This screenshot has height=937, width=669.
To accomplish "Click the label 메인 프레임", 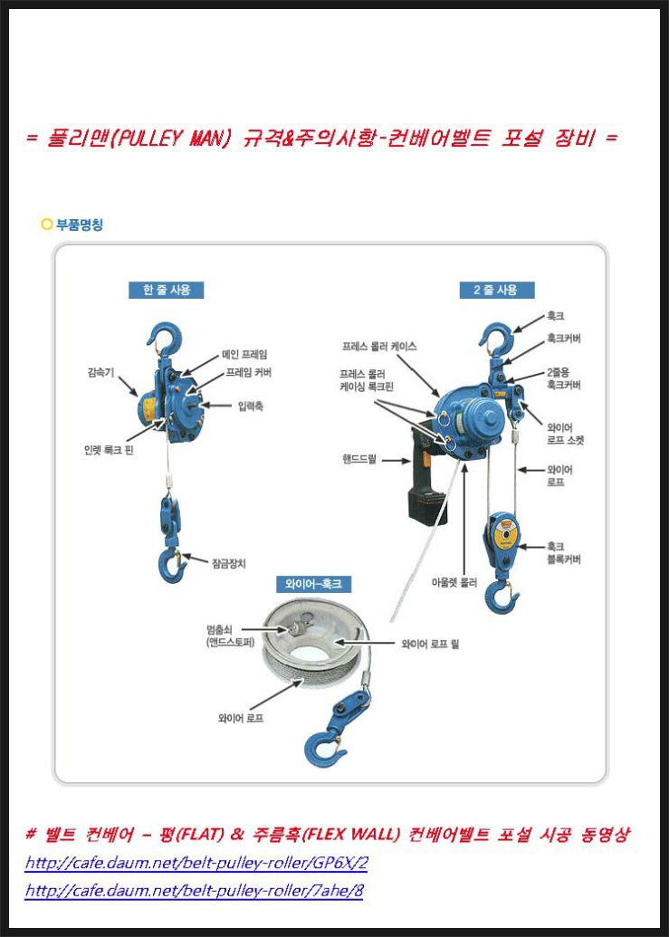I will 244,354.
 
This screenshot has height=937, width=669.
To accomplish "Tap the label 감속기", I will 100,371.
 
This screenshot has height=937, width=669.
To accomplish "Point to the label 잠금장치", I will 228,562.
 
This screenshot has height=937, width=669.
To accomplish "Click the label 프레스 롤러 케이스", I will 379,346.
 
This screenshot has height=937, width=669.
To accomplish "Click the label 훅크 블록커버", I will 564,553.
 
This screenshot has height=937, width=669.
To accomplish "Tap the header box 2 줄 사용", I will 496,290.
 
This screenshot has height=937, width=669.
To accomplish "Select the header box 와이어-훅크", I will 313,584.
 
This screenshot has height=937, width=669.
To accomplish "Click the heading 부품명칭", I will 80,225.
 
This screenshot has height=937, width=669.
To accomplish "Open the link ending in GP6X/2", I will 196,863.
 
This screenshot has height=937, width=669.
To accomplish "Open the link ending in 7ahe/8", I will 194,891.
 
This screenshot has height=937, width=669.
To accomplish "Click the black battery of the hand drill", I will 424,505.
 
